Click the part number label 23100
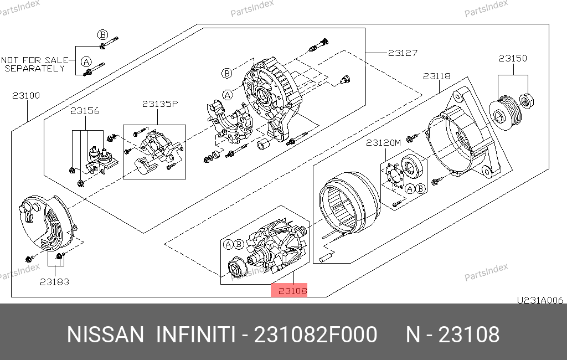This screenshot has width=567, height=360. tap(26, 95)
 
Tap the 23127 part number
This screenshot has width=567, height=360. tap(403, 53)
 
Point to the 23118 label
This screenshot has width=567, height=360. tap(437, 76)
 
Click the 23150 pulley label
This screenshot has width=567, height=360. tap(513, 58)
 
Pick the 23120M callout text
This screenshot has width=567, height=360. tap(383, 142)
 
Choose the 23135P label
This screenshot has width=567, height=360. tap(160, 104)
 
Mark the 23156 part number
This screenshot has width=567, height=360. tap(85, 111)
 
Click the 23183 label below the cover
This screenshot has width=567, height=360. tap(54, 282)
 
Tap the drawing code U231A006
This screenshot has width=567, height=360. tap(540, 300)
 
